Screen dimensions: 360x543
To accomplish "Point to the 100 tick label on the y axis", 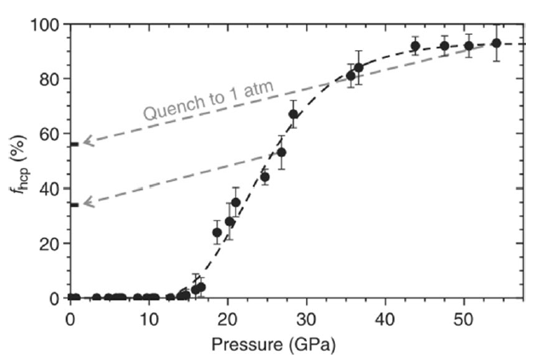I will coord(47,25).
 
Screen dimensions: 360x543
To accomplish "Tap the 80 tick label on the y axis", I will coord(50,79).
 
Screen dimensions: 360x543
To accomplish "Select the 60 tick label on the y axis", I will coord(50,134).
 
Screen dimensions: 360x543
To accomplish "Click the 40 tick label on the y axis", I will coord(50,189).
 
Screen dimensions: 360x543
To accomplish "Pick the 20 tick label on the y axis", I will coord(50,243).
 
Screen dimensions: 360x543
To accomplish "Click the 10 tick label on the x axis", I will coord(149,318).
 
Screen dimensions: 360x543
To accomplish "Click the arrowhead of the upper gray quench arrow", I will coord(85,142).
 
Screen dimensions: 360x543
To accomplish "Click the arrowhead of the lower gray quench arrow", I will coord(85,202).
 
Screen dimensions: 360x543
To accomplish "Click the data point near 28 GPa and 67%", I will coord(293,114).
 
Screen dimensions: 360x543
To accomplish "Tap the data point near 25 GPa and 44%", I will coord(264,177).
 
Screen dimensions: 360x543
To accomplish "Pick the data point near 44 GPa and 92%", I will coord(415,46).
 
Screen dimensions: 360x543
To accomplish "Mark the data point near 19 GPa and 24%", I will coord(217,232).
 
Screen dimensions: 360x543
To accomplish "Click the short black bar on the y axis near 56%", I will coord(74,144).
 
